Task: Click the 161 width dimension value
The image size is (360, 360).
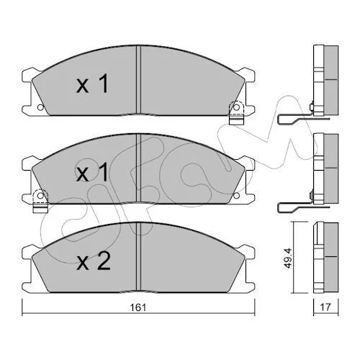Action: tap(138, 307)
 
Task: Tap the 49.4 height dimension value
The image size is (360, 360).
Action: tap(289, 258)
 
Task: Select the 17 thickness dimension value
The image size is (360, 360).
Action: tap(325, 307)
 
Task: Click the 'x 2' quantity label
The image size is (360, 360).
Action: tap(94, 261)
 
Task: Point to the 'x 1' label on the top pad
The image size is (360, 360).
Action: tap(92, 84)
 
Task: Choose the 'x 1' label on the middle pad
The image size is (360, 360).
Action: tap(92, 172)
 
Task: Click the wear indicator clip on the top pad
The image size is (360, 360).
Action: tap(236, 113)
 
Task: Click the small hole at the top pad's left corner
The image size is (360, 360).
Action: tap(40, 107)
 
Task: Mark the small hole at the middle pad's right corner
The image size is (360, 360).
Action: tap(236, 196)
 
